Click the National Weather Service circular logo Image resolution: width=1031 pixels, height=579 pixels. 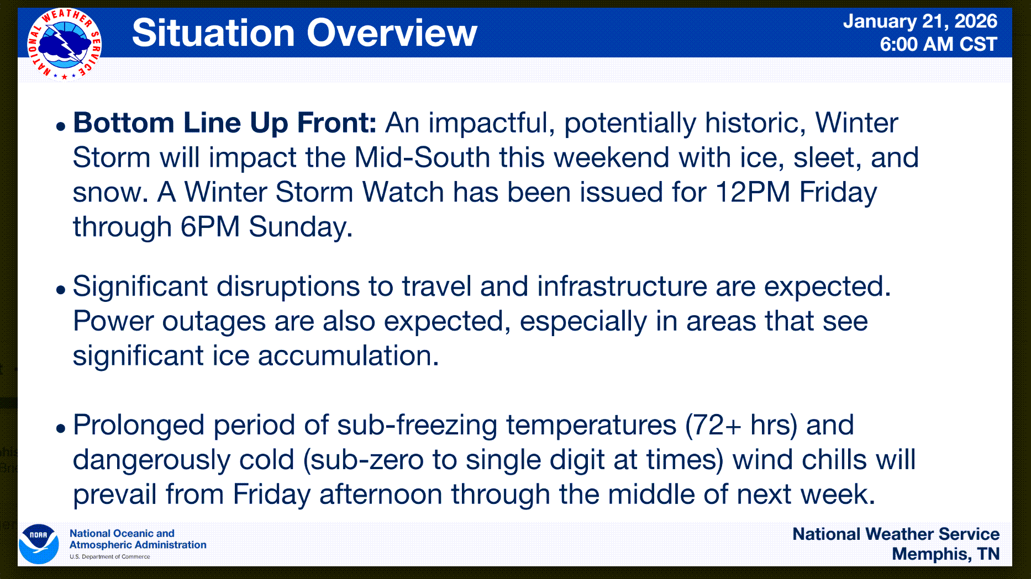[x=64, y=44]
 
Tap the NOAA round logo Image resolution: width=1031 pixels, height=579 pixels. [x=39, y=544]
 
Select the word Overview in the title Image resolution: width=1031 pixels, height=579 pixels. [x=392, y=33]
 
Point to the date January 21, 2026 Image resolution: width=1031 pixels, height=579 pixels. [x=920, y=21]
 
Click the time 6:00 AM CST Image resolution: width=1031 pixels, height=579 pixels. [x=938, y=44]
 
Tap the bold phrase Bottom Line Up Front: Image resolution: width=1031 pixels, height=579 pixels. [x=225, y=123]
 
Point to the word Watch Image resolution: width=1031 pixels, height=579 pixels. [x=403, y=192]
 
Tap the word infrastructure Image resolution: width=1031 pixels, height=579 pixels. [x=622, y=286]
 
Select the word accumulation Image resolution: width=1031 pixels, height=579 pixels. [x=348, y=355]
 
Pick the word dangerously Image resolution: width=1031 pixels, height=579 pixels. [x=152, y=460]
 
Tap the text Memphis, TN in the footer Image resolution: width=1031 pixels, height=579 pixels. [x=946, y=554]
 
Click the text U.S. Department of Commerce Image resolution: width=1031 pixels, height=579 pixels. [x=110, y=556]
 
